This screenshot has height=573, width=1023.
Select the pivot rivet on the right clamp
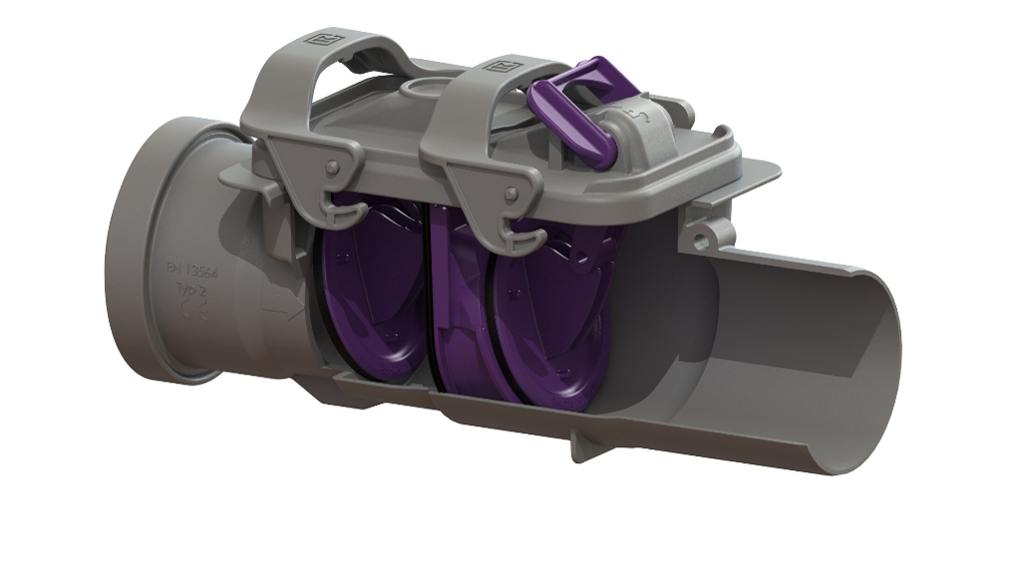pyautogui.click(x=511, y=192)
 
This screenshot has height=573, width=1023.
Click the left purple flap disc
pyautogui.click(x=374, y=289)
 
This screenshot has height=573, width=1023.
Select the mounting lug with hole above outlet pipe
pyautogui.click(x=707, y=235)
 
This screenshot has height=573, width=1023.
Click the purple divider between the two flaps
pyautogui.click(x=439, y=299)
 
